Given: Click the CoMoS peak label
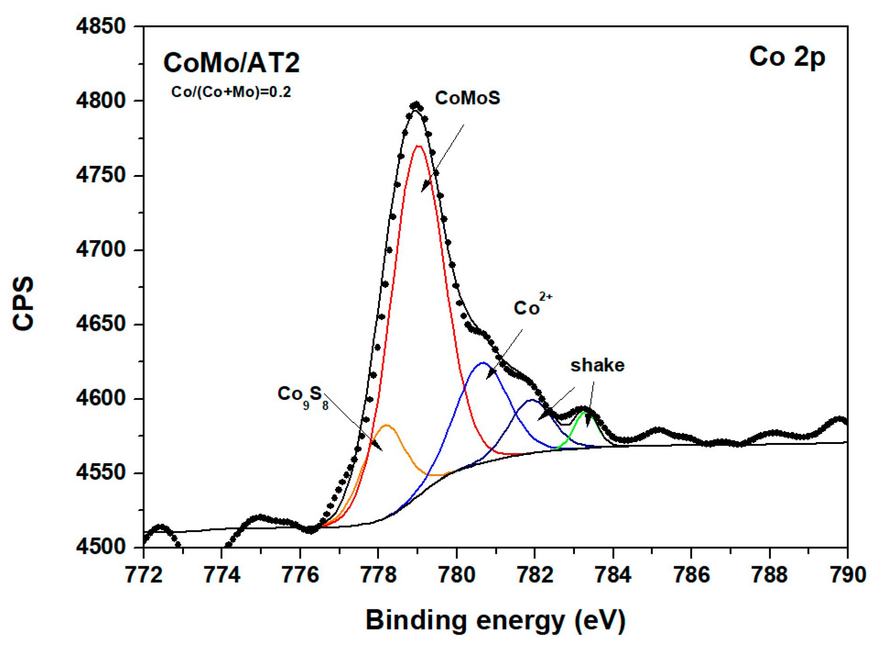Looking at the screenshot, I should click(467, 98).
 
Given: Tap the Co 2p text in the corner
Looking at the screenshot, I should click(787, 57).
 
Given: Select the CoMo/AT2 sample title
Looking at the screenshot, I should click(231, 63).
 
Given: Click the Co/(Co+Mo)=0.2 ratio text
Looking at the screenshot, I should click(231, 92).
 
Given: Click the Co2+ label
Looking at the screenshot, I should click(532, 306).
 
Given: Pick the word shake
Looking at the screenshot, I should click(597, 365).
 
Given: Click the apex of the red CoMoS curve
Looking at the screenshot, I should click(418, 146).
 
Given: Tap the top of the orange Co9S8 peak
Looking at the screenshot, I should click(387, 425).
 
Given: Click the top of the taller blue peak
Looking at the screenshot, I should click(483, 363).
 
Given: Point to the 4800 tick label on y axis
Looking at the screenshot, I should click(101, 101).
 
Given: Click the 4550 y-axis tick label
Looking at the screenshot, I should click(101, 472).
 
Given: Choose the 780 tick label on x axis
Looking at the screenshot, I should click(456, 575).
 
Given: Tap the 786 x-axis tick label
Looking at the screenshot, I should click(691, 575).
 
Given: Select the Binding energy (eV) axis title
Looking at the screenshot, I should click(495, 620).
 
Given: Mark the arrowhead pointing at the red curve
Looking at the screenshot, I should click(425, 187).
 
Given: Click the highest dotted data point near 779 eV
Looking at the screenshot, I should click(416, 105).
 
